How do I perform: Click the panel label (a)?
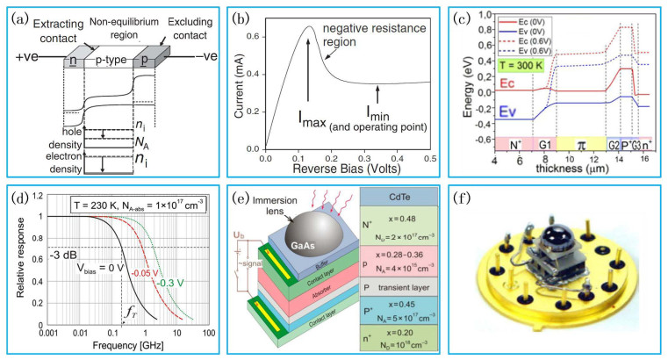tap(18, 16)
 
